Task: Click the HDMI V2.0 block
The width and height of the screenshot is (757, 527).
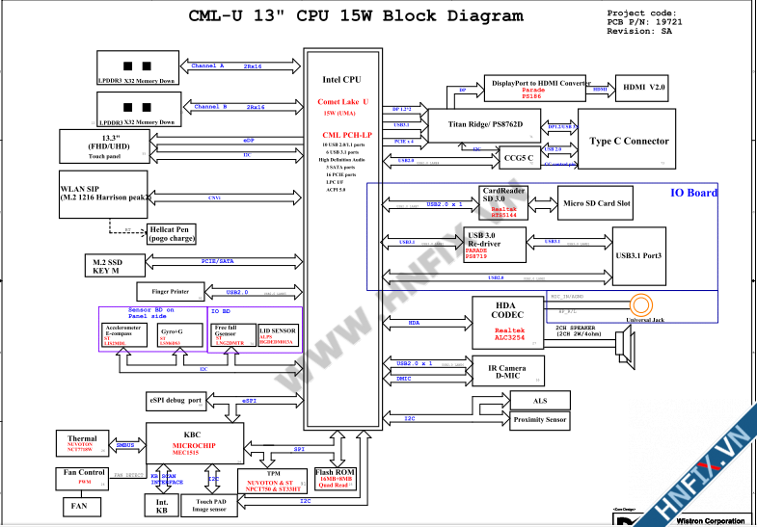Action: pos(644,88)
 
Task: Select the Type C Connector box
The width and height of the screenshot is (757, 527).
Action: pos(629,142)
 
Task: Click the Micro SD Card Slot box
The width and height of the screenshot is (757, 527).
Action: pos(596,203)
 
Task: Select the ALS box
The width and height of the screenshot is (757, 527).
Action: pos(539,400)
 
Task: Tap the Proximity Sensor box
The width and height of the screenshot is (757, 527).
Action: pos(540,420)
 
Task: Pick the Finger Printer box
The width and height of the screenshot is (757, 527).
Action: pos(170,291)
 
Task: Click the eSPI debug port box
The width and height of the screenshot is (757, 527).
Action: pos(176,400)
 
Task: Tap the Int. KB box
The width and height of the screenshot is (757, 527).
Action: pos(161,505)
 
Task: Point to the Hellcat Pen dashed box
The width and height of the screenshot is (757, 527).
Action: pos(173,233)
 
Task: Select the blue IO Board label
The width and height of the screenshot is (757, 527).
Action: pos(693,193)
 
